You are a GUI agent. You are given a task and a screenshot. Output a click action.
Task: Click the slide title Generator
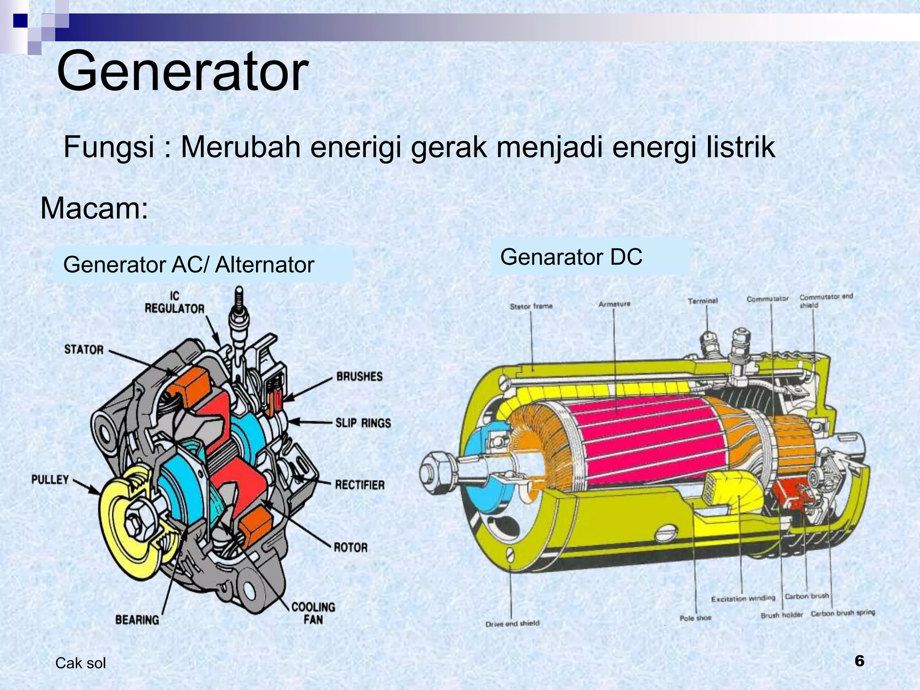tap(182, 72)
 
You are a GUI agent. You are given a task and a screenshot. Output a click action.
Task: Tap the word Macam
tap(94, 209)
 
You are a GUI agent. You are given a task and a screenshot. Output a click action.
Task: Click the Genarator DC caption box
tap(589, 257)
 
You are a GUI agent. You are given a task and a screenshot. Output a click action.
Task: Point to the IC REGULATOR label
tap(174, 302)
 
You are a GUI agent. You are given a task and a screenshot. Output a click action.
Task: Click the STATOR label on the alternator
tap(84, 349)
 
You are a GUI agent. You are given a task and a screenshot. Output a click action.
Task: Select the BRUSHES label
tap(359, 376)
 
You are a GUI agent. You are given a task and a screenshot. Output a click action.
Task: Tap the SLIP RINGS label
tap(363, 423)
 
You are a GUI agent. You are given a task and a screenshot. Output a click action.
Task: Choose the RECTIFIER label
tap(360, 485)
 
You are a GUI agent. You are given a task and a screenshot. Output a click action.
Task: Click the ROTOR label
tap(350, 547)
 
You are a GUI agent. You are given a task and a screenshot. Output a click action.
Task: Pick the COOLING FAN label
tap(313, 613)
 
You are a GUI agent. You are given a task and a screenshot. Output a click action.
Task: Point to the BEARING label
tap(137, 620)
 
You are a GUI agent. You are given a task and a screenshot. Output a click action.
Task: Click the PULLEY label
tap(50, 479)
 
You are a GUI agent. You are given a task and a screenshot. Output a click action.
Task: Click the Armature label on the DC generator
tap(614, 304)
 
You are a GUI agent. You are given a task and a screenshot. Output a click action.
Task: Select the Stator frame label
tap(531, 306)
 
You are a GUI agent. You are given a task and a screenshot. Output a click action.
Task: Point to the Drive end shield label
tap(512, 624)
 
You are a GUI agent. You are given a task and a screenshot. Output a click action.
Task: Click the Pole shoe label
tap(695, 618)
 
